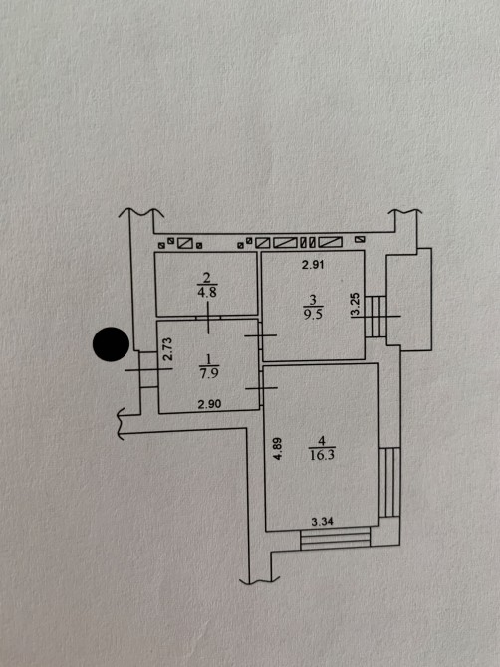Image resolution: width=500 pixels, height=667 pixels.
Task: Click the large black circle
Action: [x=111, y=344]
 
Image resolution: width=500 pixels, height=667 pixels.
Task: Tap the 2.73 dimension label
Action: [x=168, y=349]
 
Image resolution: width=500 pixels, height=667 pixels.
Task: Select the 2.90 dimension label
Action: [x=209, y=404]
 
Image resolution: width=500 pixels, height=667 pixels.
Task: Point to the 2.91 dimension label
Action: [x=313, y=265]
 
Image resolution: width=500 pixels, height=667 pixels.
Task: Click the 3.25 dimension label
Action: [x=355, y=305]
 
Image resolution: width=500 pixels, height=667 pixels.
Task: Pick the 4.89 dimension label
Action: [x=278, y=449]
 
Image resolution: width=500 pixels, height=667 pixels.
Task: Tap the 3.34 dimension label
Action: [x=322, y=521]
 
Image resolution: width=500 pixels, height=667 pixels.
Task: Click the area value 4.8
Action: [x=207, y=293]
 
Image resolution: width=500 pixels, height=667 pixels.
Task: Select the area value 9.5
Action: [x=313, y=314]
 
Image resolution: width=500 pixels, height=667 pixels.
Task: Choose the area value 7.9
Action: [x=209, y=373]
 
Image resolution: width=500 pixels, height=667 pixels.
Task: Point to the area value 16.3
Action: [x=322, y=455]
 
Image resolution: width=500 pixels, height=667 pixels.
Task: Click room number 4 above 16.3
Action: [x=322, y=441]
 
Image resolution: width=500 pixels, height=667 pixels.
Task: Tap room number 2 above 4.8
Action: [x=207, y=278]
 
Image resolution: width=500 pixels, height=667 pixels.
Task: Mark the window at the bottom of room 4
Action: [x=336, y=539]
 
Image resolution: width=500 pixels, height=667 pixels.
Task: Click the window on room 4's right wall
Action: [x=389, y=482]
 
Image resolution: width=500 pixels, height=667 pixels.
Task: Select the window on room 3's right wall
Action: [x=375, y=316]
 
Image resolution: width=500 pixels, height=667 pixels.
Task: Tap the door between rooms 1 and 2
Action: [x=208, y=318]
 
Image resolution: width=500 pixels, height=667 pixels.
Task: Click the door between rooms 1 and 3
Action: [x=260, y=335]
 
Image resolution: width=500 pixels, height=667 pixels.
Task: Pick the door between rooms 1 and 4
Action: [x=261, y=388]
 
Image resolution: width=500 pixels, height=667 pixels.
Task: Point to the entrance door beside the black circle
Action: [x=148, y=369]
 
